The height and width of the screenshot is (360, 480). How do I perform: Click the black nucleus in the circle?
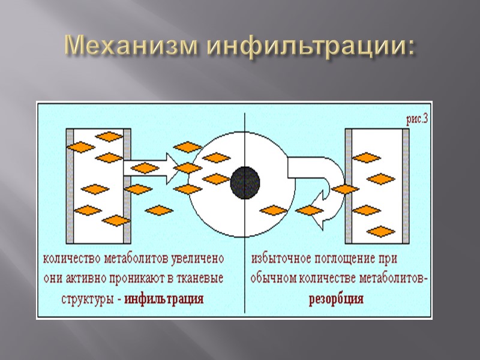click(245, 181)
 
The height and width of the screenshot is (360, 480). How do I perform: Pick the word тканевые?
click(198, 279)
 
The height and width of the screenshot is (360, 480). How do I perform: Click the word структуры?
click(88, 299)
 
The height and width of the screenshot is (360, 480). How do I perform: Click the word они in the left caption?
click(53, 279)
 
